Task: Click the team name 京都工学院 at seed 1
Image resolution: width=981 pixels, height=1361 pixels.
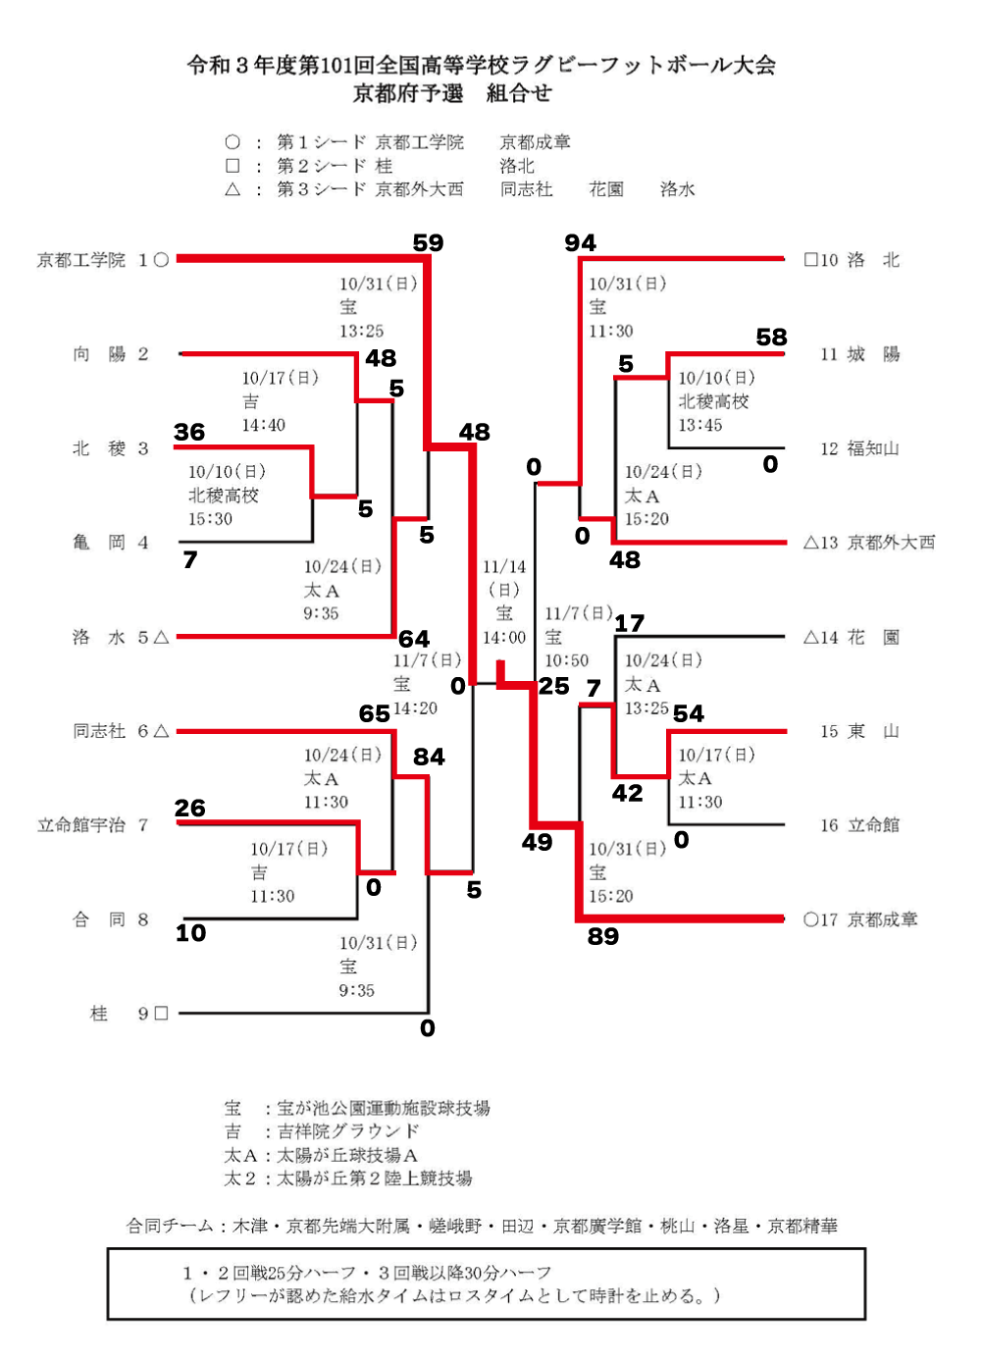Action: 81,260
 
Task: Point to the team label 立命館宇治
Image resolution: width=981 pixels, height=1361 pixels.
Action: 81,825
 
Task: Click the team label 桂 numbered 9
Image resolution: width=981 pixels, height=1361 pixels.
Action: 99,1014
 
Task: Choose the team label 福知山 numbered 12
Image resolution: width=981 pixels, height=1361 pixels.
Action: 872,448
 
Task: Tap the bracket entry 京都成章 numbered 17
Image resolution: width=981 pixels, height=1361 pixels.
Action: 882,919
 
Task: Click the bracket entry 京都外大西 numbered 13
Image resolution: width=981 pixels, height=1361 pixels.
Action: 891,543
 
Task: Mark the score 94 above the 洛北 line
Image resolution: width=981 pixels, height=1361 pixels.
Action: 580,242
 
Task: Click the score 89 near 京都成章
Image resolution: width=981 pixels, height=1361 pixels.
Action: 603,936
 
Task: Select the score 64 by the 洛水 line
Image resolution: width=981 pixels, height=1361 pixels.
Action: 414,639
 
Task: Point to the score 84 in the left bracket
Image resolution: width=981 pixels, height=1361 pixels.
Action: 429,757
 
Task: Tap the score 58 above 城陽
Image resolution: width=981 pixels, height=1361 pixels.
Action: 771,338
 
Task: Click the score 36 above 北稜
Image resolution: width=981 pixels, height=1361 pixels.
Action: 189,432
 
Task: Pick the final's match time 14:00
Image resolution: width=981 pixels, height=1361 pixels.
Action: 504,638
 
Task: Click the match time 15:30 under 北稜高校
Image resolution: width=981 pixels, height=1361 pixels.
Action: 210,519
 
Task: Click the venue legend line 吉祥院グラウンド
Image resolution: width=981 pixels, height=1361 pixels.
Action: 348,1131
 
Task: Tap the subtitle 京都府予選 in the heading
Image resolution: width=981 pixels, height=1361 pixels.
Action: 408,93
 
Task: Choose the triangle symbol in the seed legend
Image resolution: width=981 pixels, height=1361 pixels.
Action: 232,189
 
